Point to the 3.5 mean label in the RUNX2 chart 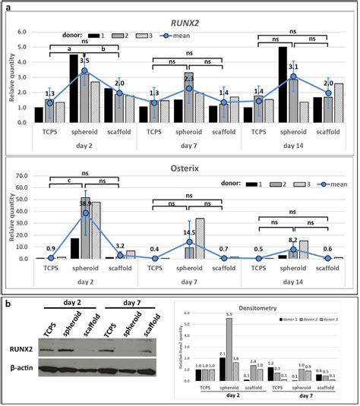[x=106, y=60]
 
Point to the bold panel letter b [x=7, y=303]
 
